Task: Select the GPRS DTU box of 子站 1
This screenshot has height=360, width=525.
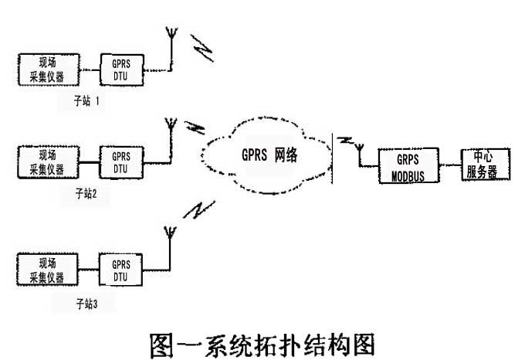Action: coord(120,70)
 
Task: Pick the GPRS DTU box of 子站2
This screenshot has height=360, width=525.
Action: coord(120,161)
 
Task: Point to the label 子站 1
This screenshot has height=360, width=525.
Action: coord(87,100)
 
